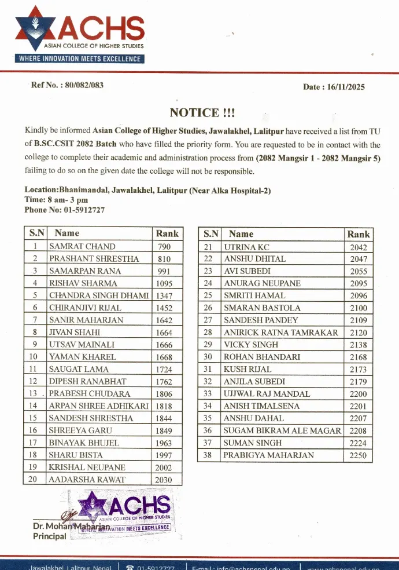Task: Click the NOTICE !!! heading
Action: (x=202, y=112)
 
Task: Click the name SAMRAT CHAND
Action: (x=82, y=246)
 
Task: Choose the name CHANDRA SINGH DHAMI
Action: (x=99, y=295)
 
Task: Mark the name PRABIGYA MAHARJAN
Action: (x=269, y=455)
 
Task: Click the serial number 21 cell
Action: (x=208, y=247)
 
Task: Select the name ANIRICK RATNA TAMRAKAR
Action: (x=280, y=332)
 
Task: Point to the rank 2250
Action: (x=358, y=456)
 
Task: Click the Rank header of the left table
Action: (x=168, y=233)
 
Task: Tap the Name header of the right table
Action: (x=241, y=234)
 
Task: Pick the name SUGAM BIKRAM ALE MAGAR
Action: (x=283, y=431)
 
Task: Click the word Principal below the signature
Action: (x=50, y=536)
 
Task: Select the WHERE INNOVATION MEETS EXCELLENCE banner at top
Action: (x=79, y=59)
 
